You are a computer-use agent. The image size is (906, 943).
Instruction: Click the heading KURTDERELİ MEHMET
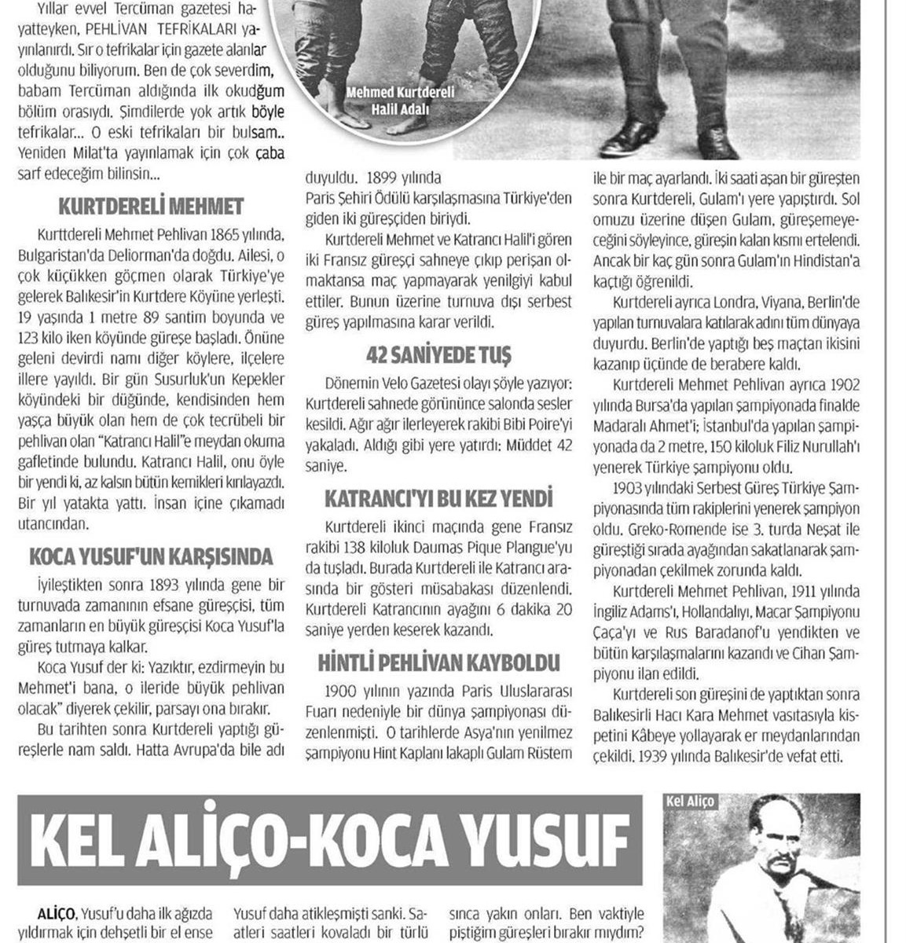coord(151,207)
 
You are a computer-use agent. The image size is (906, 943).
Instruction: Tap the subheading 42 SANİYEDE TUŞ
coord(438,355)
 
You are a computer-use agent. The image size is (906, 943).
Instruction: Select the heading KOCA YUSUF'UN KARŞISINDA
coord(151,557)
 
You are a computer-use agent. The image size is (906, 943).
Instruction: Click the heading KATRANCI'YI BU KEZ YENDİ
coord(438,497)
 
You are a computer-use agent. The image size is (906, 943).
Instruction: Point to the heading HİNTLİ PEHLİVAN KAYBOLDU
coord(438,662)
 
